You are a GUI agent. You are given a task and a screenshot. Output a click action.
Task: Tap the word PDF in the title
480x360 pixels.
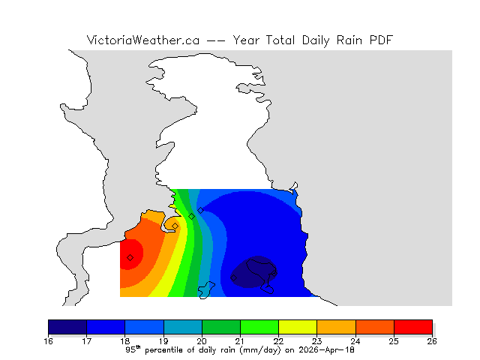(380, 40)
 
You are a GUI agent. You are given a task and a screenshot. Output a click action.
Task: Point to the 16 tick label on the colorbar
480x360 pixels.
(49, 340)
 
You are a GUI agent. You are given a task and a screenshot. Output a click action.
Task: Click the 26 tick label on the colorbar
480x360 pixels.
(432, 340)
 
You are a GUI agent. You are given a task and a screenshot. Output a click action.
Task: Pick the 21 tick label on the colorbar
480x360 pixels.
(240, 340)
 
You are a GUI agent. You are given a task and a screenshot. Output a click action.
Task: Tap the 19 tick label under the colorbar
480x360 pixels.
(163, 340)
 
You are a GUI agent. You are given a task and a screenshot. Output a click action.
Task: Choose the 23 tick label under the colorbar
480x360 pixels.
(316, 340)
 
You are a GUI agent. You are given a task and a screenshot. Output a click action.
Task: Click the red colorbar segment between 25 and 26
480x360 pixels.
(412, 326)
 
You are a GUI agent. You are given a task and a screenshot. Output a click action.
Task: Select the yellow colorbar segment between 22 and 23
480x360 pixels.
(298, 326)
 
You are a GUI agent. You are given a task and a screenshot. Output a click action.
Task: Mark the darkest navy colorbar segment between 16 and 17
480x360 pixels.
(67, 326)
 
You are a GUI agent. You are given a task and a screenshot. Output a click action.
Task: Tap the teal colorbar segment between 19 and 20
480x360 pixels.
(182, 326)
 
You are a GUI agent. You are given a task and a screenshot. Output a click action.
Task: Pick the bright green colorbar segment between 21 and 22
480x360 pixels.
(259, 326)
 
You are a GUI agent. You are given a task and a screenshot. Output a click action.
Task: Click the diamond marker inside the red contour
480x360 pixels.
(130, 257)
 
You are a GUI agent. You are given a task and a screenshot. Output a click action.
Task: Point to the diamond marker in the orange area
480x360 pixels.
(175, 226)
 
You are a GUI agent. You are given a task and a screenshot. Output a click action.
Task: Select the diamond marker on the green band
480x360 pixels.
(191, 216)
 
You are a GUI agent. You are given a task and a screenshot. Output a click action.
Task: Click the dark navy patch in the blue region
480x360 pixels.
(253, 271)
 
